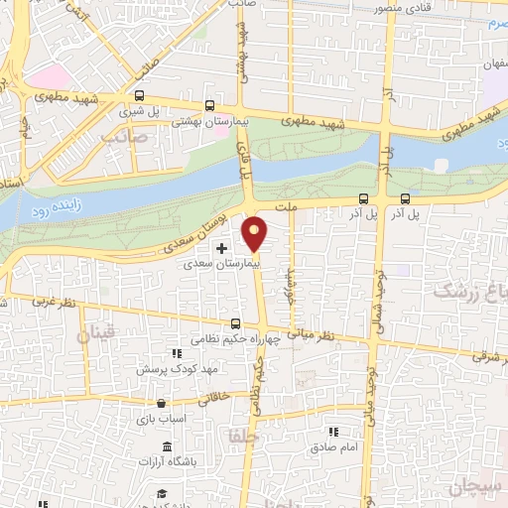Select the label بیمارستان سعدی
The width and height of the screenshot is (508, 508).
pos(227,265)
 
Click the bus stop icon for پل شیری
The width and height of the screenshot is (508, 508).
pos(138,97)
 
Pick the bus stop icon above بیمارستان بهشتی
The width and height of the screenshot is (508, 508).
pos(209,104)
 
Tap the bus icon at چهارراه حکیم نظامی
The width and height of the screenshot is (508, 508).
pos(236,323)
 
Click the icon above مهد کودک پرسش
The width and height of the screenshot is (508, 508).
pos(177,353)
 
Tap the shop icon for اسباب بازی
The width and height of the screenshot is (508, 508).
pos(161,404)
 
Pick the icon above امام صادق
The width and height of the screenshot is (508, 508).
pos(333,432)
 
